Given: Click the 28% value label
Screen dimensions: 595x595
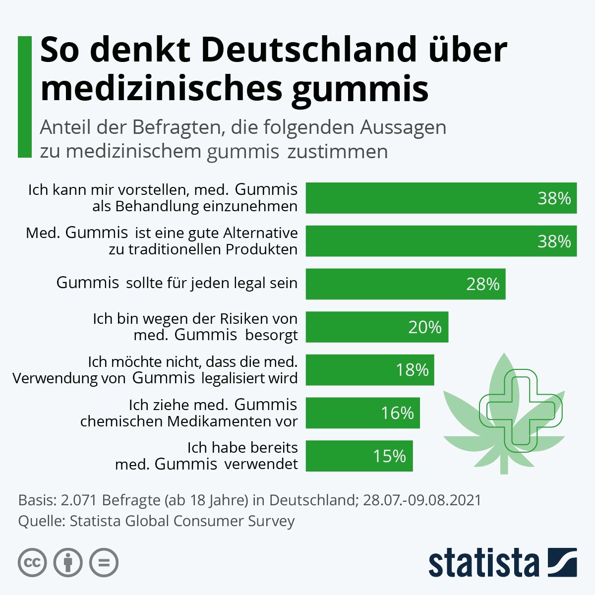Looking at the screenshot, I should click(482, 284).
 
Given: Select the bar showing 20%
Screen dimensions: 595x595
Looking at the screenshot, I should click(377, 327).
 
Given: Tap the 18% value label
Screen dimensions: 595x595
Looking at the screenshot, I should click(412, 370).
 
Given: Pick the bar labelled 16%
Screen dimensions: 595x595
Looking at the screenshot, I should click(362, 413).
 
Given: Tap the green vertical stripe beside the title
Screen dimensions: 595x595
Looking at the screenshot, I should click(24, 97).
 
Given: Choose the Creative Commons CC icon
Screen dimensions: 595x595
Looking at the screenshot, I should click(32, 563).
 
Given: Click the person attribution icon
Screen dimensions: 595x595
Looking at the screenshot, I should click(68, 563).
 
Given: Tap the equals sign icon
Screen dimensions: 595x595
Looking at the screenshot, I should click(104, 563).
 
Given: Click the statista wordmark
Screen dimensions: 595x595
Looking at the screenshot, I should click(483, 564).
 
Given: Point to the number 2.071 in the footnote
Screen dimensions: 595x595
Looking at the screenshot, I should click(79, 500).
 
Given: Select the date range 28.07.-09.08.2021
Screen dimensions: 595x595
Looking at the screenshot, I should click(422, 500).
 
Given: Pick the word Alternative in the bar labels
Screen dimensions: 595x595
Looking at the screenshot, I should click(260, 233).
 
